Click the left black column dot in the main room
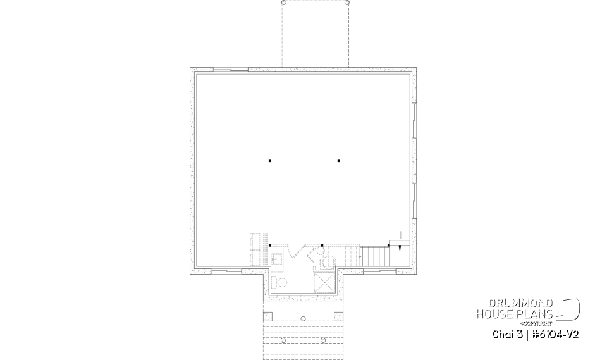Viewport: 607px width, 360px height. pyautogui.click(x=270, y=161)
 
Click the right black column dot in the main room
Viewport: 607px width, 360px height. pyautogui.click(x=339, y=161)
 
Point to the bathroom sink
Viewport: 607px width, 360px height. pyautogui.click(x=276, y=259)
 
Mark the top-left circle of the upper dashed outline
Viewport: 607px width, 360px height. pyautogui.click(x=284, y=3)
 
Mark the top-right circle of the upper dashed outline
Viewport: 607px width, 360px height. pyautogui.click(x=346, y=3)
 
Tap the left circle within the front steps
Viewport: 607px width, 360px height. pyautogui.click(x=283, y=340)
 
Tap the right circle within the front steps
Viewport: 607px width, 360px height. pyautogui.click(x=323, y=340)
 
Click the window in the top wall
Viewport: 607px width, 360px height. pyautogui.click(x=230, y=69)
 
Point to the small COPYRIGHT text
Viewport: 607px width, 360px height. pyautogui.click(x=539, y=323)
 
